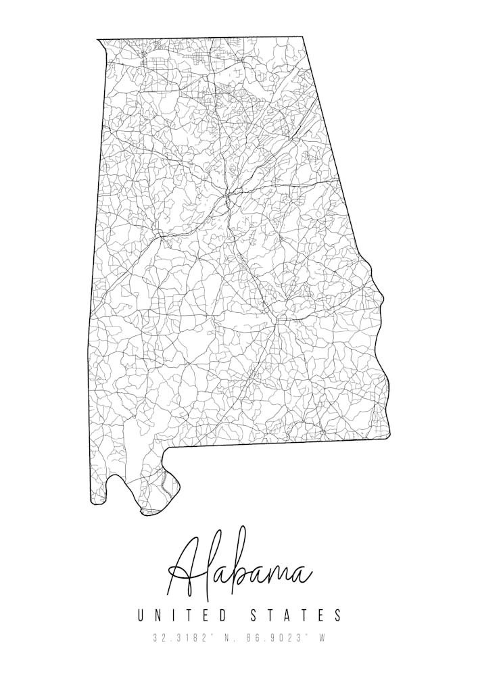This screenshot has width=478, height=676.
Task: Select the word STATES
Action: [x=297, y=615]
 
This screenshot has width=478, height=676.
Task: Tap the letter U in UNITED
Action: [x=142, y=615]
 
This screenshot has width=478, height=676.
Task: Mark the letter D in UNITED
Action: [x=224, y=615]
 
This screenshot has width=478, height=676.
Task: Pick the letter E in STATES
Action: [x=320, y=615]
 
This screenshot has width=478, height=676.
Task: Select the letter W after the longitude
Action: [x=322, y=638]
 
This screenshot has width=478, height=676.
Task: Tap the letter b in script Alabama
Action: [x=237, y=571]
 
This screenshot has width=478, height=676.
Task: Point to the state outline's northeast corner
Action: [x=302, y=37]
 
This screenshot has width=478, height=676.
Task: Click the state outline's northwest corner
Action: [x=98, y=40]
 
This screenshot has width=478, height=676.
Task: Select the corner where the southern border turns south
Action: [x=168, y=448]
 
